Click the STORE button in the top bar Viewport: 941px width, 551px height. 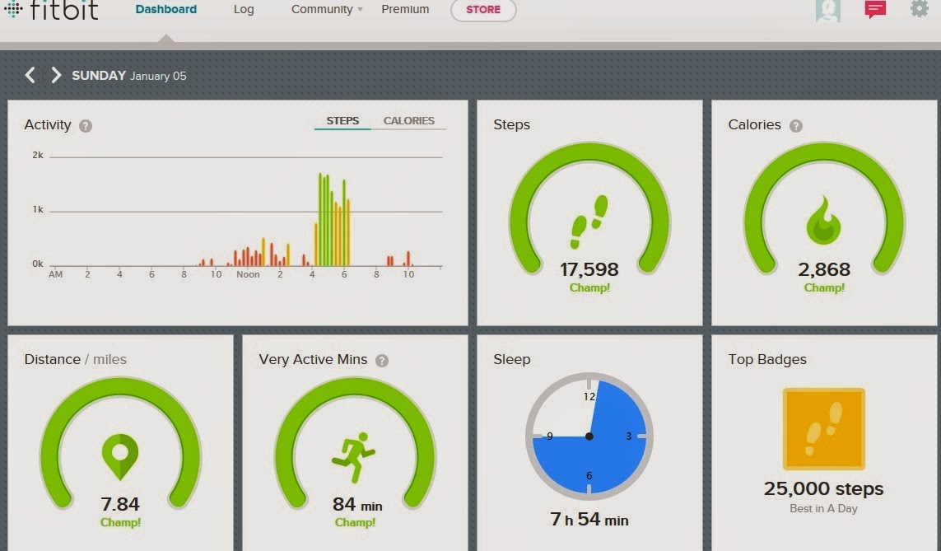[483, 10]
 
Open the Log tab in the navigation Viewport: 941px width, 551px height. [244, 10]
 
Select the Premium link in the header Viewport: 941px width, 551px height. [405, 9]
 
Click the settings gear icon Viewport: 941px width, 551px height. [920, 8]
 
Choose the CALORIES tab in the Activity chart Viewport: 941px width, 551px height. [408, 120]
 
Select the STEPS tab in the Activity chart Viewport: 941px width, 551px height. [342, 120]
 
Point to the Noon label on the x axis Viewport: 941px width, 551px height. [248, 274]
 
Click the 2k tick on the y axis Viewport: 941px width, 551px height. [38, 155]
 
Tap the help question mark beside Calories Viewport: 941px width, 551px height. [796, 125]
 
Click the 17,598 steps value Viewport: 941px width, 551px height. [589, 269]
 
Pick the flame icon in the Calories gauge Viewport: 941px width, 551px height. [823, 220]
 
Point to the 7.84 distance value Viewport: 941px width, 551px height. [120, 504]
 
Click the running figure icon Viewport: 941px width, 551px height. [353, 457]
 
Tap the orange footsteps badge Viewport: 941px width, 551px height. [824, 428]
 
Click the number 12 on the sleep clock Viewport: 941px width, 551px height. [589, 397]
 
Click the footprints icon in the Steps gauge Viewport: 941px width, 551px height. [589, 222]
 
